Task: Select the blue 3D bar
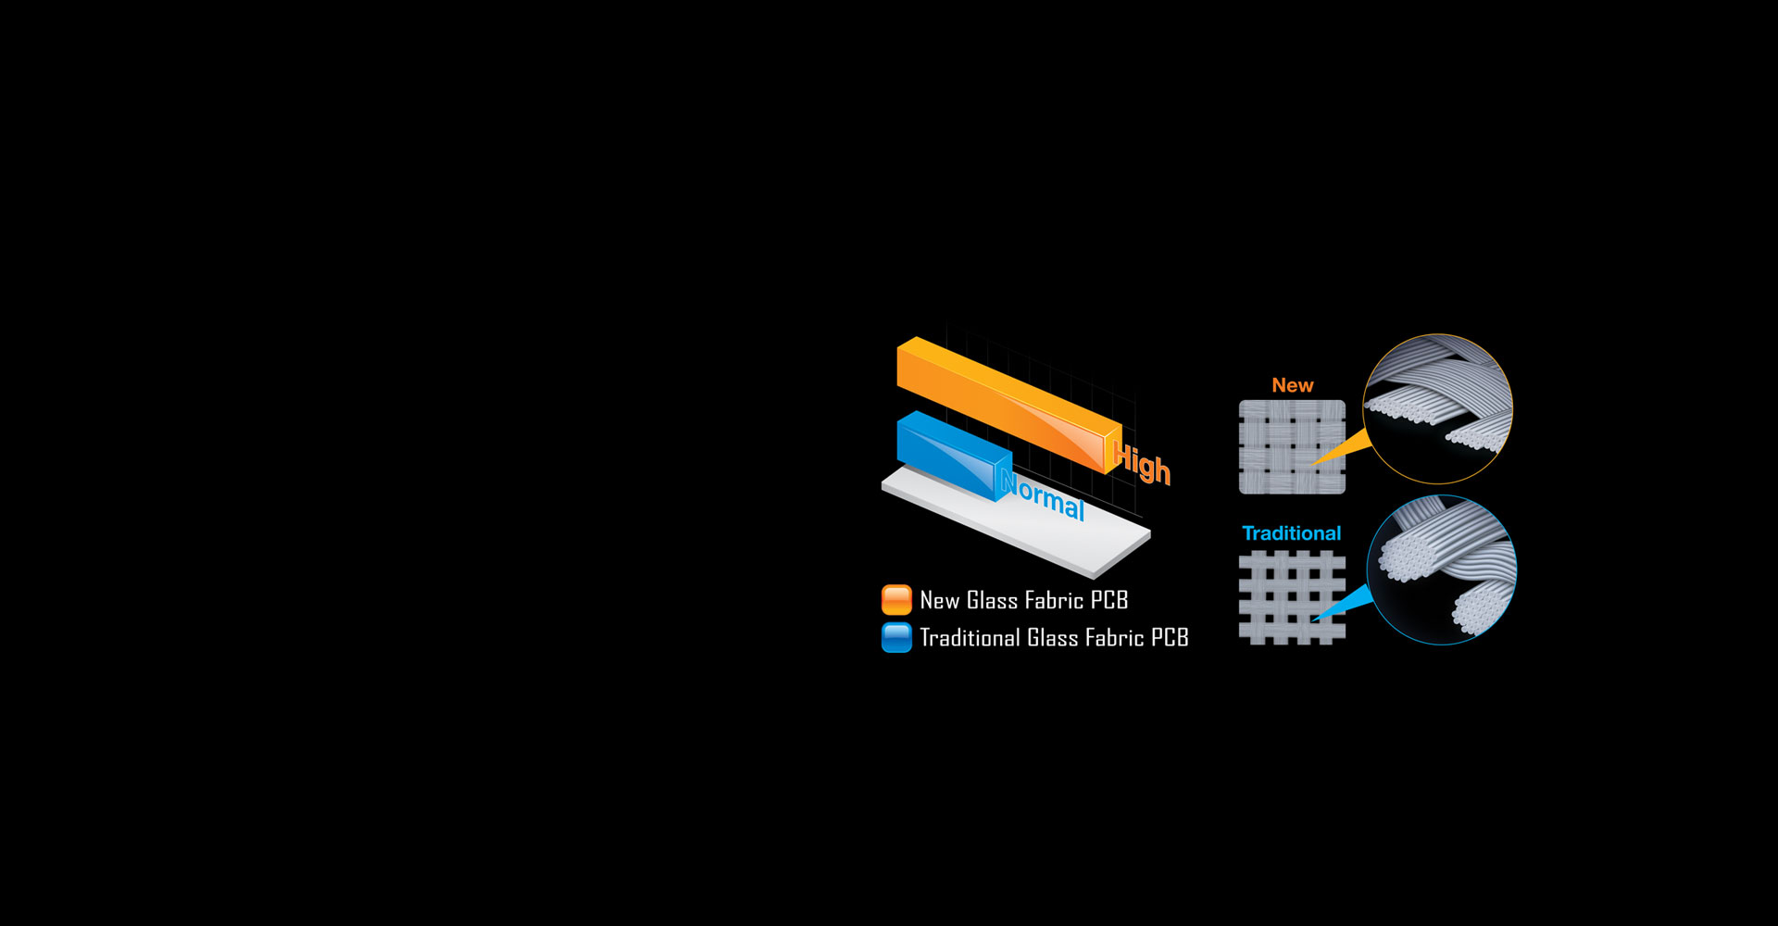click(x=949, y=453)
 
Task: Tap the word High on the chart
click(x=1143, y=463)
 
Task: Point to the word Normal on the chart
click(x=1044, y=496)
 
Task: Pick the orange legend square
click(x=896, y=600)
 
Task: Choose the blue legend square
click(x=896, y=638)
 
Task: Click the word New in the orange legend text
click(x=939, y=601)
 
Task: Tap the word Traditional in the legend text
click(x=970, y=638)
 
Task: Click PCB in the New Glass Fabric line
click(x=1109, y=601)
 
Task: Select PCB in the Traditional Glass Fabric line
click(x=1170, y=638)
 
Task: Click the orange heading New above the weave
click(x=1292, y=385)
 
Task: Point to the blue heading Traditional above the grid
click(x=1291, y=533)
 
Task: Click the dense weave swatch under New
click(x=1292, y=446)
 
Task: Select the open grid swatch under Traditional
click(x=1292, y=597)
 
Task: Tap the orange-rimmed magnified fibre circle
click(x=1437, y=408)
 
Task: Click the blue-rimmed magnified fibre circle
click(x=1441, y=569)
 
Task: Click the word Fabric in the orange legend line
click(x=1054, y=601)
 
